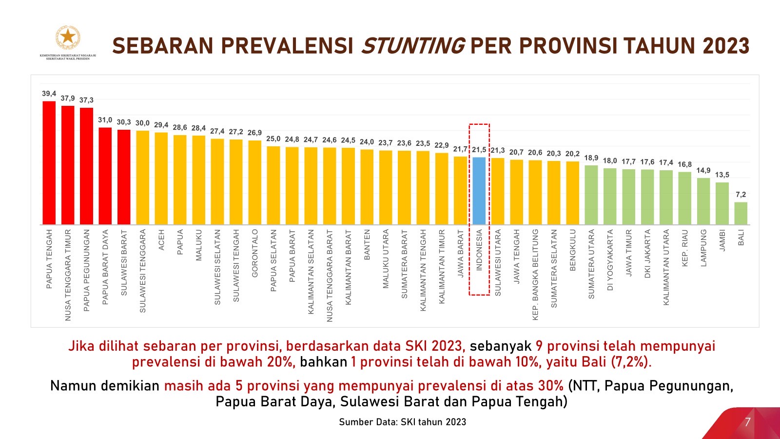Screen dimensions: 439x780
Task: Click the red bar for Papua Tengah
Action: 49,163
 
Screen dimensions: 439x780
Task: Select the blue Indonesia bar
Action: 479,191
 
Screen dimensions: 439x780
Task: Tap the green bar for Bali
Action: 741,213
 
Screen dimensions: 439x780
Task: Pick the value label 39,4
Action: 49,94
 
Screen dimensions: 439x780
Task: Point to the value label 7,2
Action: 741,195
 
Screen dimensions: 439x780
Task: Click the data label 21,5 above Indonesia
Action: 479,150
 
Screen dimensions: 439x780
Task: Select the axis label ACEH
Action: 161,240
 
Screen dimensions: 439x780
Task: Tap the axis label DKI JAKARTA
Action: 647,254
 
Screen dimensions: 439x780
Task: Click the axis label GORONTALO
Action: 254,253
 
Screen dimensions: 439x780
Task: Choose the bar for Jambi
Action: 722,203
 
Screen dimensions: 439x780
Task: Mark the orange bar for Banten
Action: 367,187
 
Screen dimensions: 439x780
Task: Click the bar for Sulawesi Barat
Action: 124,177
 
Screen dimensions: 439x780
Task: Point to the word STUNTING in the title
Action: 412,46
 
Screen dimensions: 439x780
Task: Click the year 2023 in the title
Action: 726,46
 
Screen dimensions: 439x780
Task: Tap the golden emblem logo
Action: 68,38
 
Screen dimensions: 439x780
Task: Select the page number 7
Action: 747,421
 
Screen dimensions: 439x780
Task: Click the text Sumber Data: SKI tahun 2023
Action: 402,422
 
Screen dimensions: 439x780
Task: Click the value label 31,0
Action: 105,120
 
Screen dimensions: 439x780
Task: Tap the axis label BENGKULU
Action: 573,250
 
